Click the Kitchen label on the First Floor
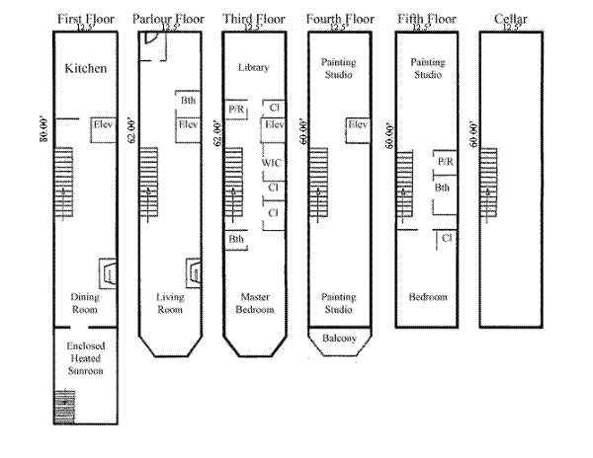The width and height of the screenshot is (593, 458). click(x=85, y=69)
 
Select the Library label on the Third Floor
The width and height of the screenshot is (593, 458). click(x=254, y=68)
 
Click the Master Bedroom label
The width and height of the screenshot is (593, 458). click(x=254, y=303)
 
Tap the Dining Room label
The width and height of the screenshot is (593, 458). click(x=85, y=303)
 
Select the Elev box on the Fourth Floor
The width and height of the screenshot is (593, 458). click(x=358, y=126)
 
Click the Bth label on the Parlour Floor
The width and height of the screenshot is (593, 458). click(x=188, y=101)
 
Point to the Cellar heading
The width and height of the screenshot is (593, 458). click(x=511, y=18)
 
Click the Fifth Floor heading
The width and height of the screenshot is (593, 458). click(x=426, y=18)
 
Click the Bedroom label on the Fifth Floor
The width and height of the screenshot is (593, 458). click(x=428, y=297)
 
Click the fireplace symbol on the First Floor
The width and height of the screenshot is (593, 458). click(x=106, y=272)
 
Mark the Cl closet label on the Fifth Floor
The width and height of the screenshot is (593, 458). click(x=446, y=238)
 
